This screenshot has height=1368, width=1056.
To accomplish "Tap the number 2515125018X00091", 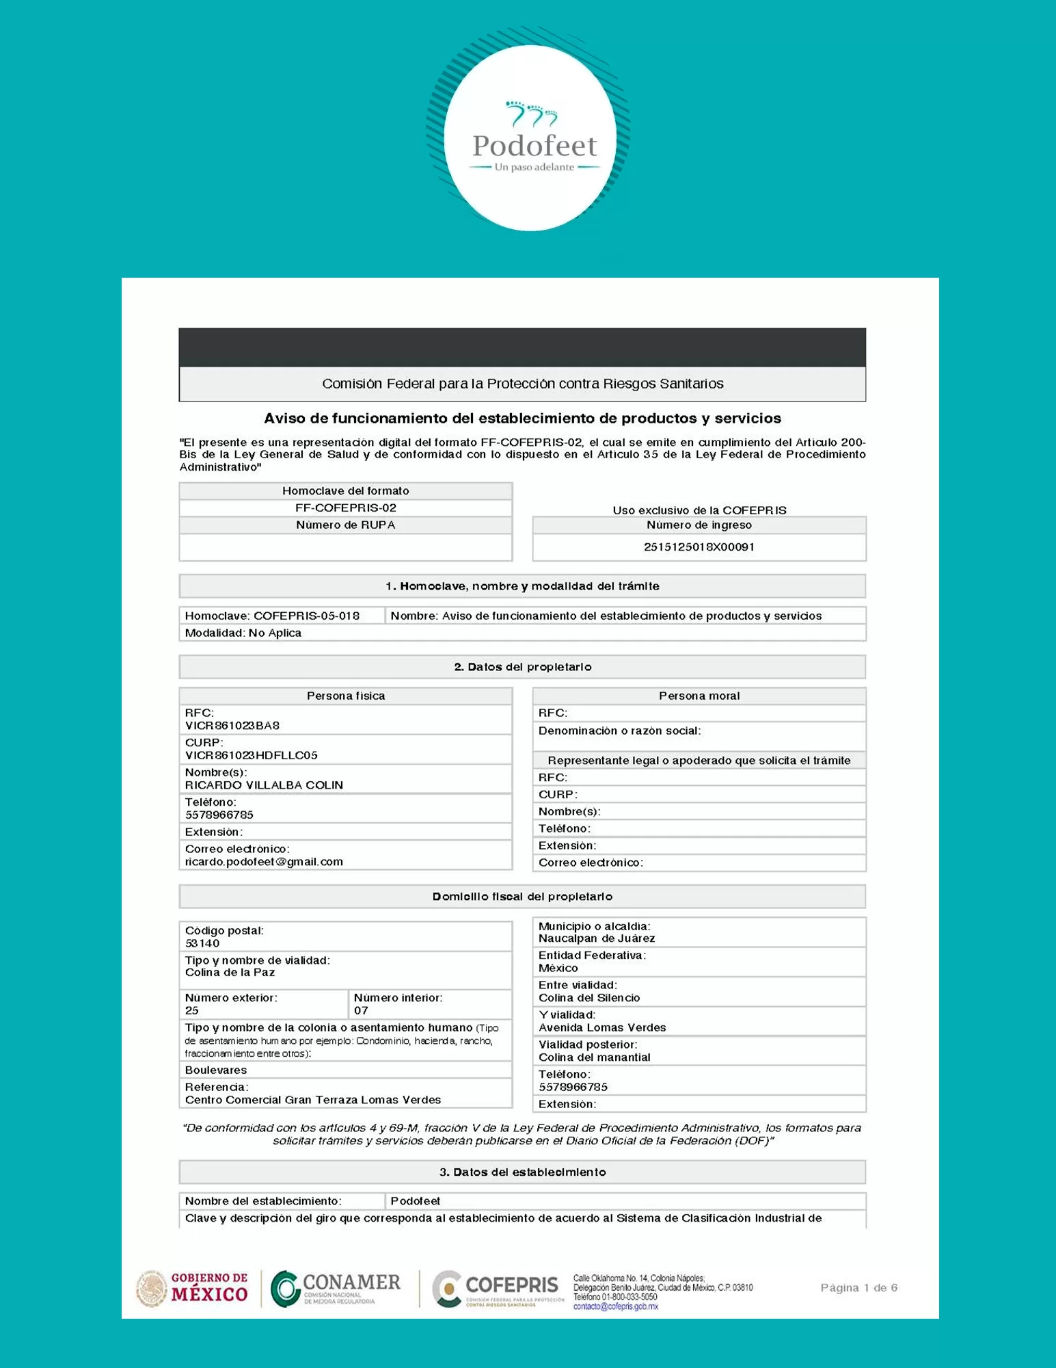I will [699, 547].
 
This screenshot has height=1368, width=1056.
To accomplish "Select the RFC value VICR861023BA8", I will [232, 725].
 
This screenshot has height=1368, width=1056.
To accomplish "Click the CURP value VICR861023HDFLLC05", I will [251, 755].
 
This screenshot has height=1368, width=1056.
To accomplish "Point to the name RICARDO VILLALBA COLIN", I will [264, 785].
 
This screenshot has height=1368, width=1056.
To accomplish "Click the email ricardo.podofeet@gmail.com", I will [264, 862].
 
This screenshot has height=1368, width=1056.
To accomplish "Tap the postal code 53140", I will [202, 943].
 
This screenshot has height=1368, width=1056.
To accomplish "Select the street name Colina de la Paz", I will [230, 973].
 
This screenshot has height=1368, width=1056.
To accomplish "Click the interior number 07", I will [361, 1010].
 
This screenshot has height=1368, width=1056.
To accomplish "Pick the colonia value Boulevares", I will [216, 1070].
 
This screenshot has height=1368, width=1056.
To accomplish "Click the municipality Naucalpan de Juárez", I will [596, 938].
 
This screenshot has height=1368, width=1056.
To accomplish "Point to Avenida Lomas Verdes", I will [601, 1027].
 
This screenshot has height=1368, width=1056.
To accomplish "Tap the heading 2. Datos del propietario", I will [522, 667].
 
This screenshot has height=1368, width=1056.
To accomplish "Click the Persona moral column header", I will [699, 696].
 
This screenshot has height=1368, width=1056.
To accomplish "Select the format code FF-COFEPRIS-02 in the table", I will [346, 508].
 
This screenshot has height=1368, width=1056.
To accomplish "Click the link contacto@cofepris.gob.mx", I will [615, 1306].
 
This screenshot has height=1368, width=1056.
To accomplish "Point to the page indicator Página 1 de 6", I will [858, 1288].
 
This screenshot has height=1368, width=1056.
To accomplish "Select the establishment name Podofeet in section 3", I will [416, 1201].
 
